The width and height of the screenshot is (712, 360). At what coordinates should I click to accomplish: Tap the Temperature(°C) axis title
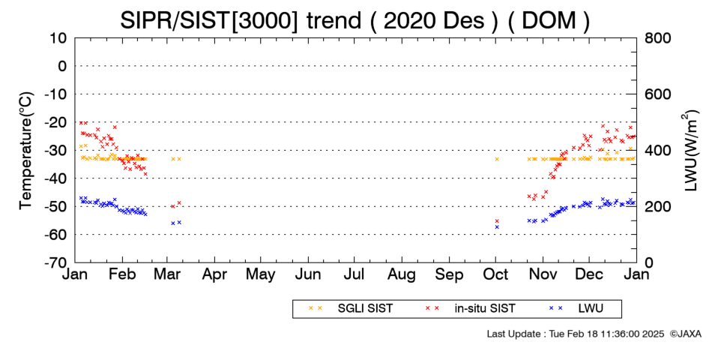tap(27, 151)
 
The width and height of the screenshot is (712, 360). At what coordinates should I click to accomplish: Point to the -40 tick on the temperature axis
tap(55, 178)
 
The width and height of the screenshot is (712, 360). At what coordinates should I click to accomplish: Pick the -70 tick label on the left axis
tap(55, 262)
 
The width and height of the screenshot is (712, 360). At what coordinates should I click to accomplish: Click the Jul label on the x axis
tap(355, 274)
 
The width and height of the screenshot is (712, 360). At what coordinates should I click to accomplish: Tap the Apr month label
tap(214, 275)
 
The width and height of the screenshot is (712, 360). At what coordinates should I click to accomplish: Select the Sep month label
tap(449, 275)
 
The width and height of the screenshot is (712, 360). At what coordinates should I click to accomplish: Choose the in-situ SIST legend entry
tap(471, 308)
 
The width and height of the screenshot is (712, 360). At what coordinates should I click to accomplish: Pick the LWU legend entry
tap(576, 308)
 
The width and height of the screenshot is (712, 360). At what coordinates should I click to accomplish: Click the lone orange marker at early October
tap(497, 159)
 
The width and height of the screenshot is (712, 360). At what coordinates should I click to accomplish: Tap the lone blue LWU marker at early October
tap(497, 226)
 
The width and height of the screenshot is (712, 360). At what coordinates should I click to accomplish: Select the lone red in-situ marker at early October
tap(497, 221)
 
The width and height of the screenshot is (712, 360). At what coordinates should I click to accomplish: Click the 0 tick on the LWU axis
tap(648, 262)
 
